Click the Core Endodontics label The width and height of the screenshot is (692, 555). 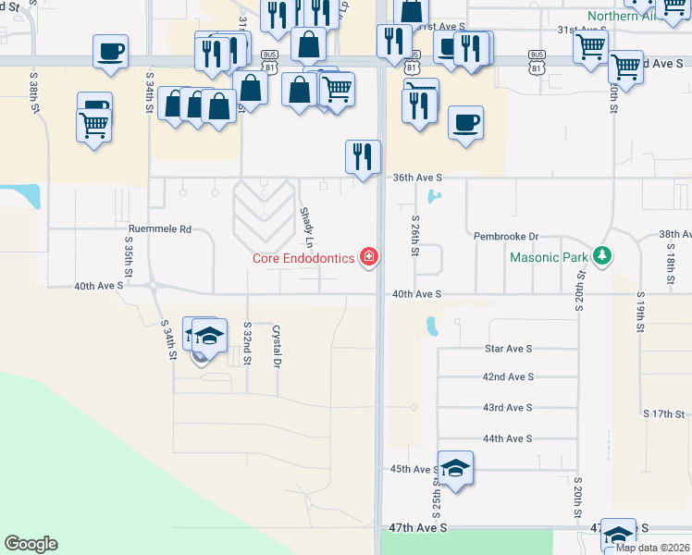303,258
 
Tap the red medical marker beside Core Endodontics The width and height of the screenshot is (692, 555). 370,257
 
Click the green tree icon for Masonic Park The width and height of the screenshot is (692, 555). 603,254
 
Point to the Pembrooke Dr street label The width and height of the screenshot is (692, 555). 506,237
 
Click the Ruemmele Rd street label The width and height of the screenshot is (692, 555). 159,228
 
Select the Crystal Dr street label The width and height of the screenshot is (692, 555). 276,346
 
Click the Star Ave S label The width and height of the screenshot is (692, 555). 509,349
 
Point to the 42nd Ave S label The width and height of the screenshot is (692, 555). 508,377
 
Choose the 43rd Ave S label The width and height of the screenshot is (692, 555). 508,408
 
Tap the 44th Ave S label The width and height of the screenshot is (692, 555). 508,438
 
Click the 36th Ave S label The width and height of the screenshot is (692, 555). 418,177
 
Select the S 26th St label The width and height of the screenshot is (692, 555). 415,236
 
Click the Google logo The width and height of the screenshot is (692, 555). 31,544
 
